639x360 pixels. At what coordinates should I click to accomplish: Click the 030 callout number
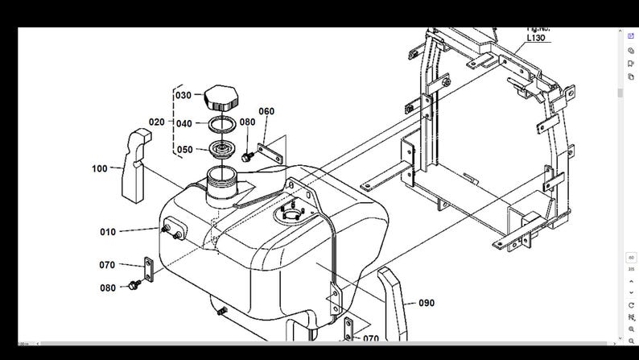183,95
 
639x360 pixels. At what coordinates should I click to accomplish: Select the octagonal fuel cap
218,98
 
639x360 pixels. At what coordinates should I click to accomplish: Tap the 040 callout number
183,124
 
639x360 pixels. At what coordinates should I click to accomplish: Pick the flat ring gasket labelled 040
222,125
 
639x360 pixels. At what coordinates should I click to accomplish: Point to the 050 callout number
183,150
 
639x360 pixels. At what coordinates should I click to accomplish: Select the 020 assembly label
156,122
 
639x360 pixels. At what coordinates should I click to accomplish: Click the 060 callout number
266,111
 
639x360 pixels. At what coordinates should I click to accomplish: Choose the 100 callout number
100,168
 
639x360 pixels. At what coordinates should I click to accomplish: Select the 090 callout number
427,303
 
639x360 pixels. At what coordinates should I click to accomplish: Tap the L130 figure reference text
537,38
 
